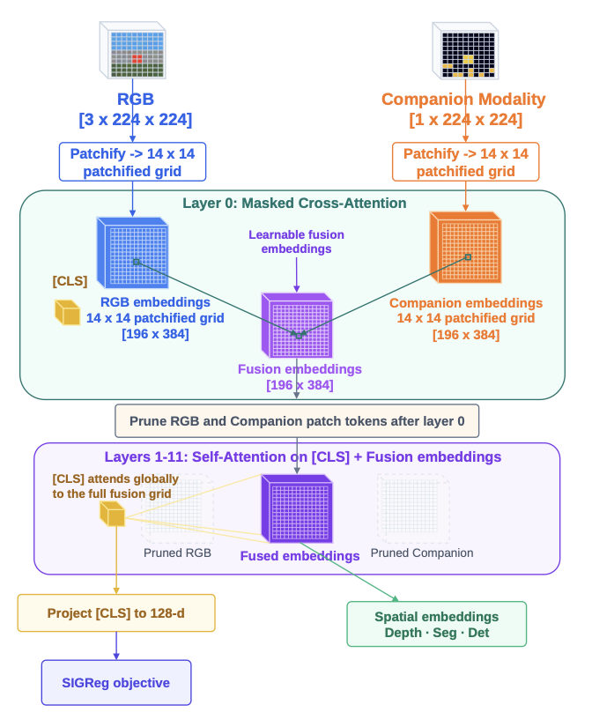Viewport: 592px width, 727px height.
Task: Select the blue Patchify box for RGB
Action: tap(132, 162)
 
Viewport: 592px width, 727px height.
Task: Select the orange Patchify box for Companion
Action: tap(465, 162)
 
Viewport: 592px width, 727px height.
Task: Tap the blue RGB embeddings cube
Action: tap(132, 251)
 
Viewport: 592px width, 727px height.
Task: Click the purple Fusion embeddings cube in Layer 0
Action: tap(298, 325)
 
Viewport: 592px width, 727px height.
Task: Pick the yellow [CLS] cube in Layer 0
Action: tap(67, 312)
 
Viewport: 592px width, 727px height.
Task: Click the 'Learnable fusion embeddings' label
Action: tap(296, 241)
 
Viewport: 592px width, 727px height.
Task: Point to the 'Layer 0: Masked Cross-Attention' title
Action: tap(294, 204)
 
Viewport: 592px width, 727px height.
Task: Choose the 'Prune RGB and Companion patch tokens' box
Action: tap(297, 420)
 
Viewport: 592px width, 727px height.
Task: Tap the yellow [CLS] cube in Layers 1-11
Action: tap(112, 514)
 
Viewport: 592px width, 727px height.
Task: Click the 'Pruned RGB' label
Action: tap(177, 553)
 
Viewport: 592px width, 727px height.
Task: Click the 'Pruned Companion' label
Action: tap(422, 553)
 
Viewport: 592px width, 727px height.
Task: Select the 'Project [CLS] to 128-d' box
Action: tap(116, 612)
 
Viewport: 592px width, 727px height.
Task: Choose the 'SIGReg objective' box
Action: tap(116, 682)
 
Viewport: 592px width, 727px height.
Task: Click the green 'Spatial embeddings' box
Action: tap(436, 624)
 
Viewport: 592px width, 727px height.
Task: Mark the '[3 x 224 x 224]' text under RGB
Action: tap(135, 118)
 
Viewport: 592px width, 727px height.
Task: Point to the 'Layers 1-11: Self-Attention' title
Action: tap(302, 457)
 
